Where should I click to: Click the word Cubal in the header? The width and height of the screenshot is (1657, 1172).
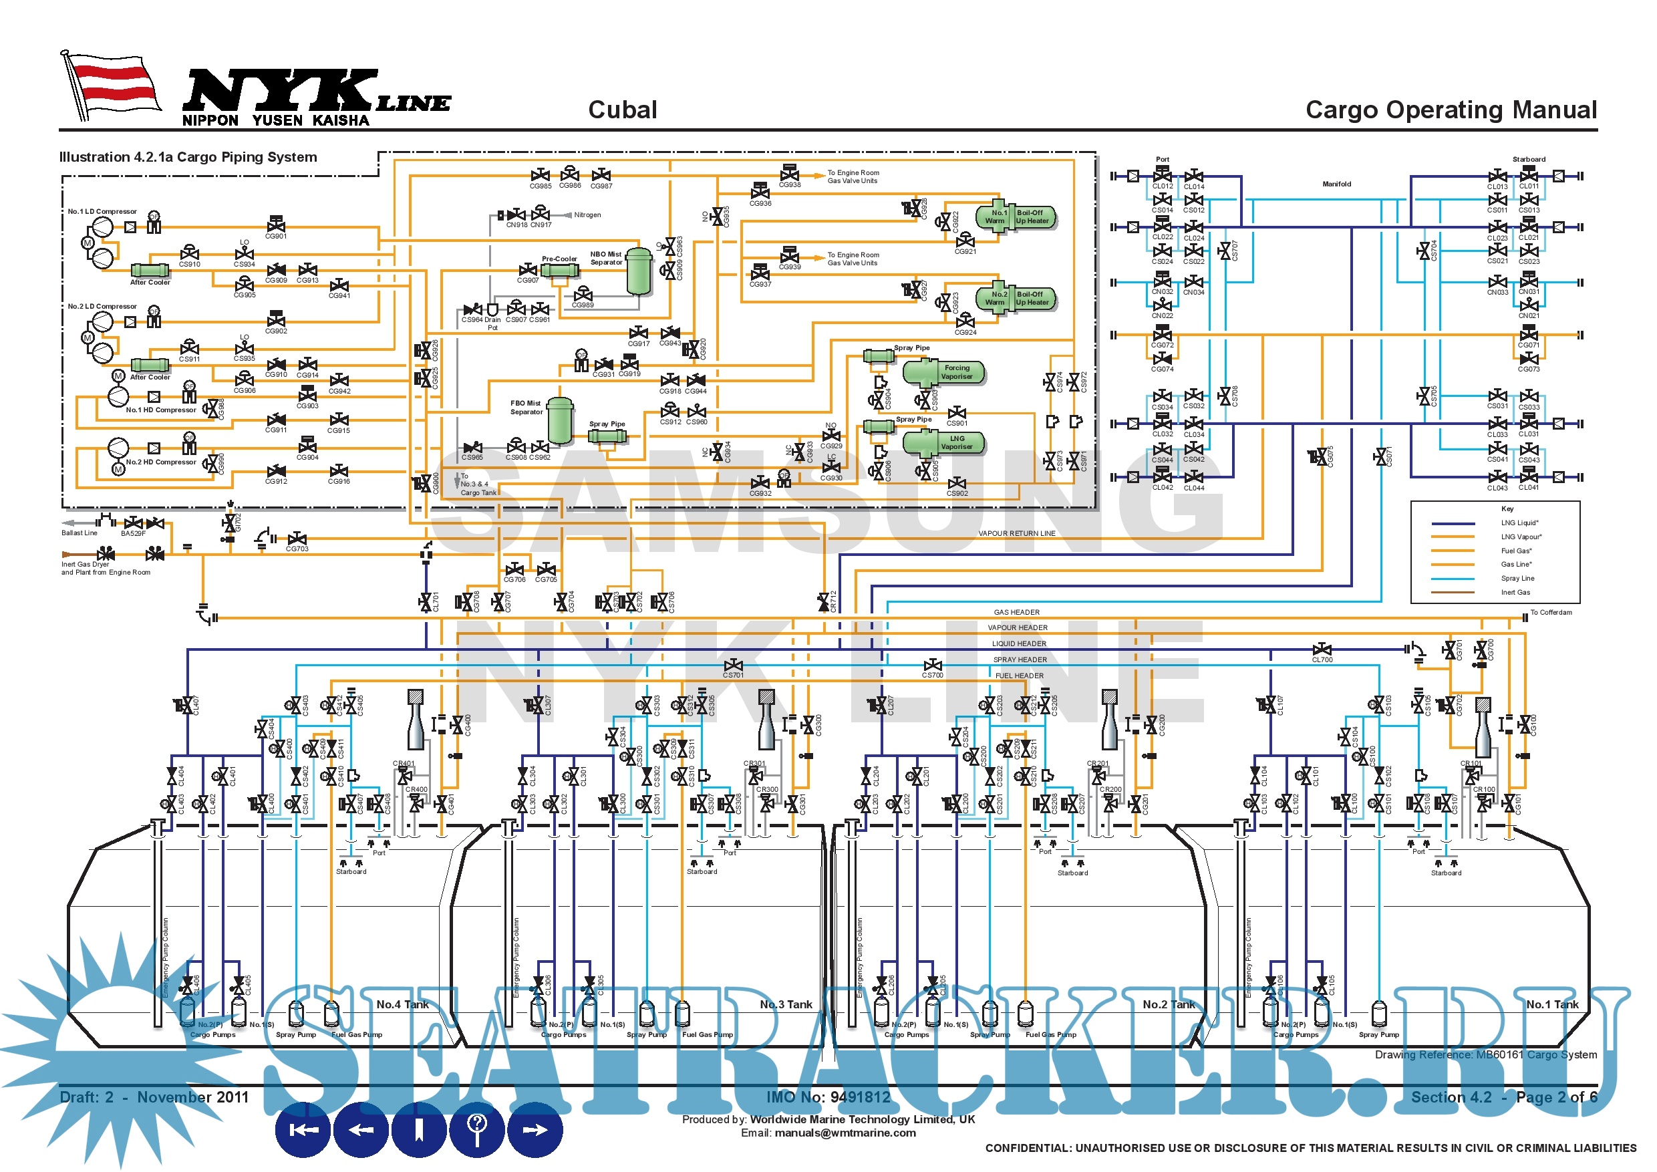tap(622, 110)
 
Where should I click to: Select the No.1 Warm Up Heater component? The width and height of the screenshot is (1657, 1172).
tap(1015, 216)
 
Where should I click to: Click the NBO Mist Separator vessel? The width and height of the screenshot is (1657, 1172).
tap(639, 271)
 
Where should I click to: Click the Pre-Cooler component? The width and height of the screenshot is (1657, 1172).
tap(559, 271)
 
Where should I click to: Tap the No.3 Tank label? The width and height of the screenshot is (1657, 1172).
tap(786, 1004)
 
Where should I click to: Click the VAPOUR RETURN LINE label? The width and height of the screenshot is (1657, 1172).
tap(1016, 533)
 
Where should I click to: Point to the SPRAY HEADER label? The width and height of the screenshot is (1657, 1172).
tap(1020, 660)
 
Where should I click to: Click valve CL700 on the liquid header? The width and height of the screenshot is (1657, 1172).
tap(1322, 649)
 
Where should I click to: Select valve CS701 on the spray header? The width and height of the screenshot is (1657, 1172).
tap(733, 665)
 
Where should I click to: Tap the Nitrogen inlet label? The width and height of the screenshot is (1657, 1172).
tap(587, 215)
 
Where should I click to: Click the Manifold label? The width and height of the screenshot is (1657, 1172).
tap(1336, 184)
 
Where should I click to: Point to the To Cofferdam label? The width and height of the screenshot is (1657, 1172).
tap(1551, 613)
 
